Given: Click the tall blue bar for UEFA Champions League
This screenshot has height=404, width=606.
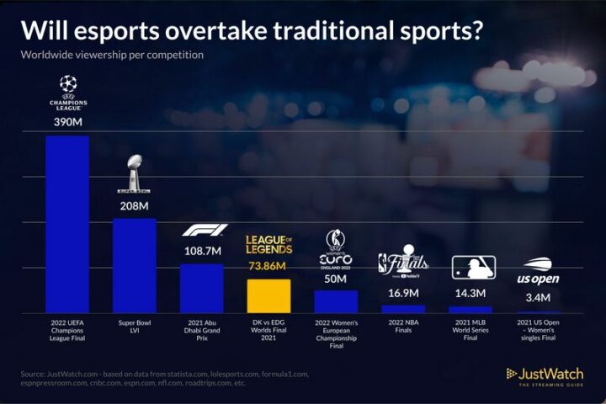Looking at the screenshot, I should tap(67, 224).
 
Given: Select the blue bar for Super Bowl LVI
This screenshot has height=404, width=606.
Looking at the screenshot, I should tap(135, 265).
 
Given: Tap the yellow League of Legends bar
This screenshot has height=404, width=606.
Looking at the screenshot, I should tap(268, 295).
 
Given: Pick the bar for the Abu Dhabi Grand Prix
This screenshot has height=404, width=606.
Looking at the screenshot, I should tap(202, 288).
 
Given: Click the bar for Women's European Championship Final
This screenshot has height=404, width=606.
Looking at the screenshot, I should tap(336, 301).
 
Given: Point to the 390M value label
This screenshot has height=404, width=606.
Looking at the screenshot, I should tap(67, 123).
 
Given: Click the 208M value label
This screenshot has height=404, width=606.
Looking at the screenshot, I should tap(135, 205).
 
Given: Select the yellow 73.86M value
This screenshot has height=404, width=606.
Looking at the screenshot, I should tap(268, 267).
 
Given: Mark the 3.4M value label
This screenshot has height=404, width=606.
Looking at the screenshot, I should tap(538, 297).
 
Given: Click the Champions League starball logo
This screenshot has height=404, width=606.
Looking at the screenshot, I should tap(68, 84).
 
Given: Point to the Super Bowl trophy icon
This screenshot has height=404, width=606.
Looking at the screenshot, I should tap(135, 173).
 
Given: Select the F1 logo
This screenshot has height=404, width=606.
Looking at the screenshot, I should tap(202, 231).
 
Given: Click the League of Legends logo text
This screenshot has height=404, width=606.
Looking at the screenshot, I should tap(268, 245).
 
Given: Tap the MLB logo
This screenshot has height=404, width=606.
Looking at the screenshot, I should tap(470, 268).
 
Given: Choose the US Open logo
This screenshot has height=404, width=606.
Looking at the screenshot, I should tap(538, 271).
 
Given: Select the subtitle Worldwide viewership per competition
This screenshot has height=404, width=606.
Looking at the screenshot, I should tap(112, 55).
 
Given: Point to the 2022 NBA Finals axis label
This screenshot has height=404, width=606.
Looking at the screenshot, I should tap(403, 327).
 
